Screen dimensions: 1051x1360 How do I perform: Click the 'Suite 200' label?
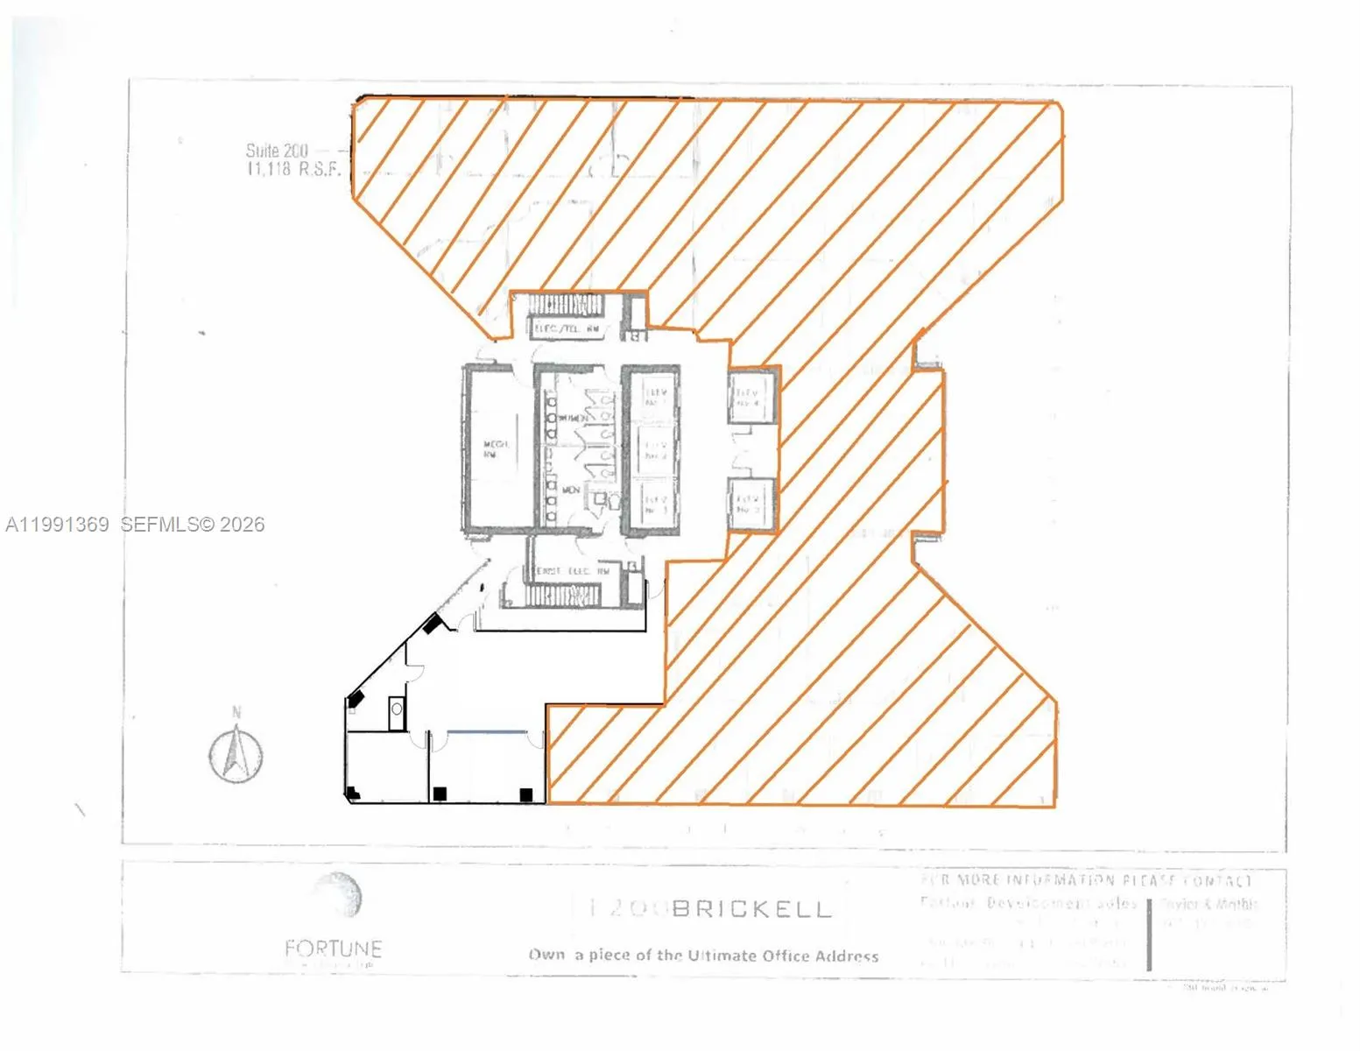[277, 151]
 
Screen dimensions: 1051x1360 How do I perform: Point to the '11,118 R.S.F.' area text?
[293, 169]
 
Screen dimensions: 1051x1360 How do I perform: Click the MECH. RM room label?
[497, 449]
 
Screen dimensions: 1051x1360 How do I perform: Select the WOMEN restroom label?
[571, 419]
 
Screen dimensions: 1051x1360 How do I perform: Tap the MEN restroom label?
[571, 490]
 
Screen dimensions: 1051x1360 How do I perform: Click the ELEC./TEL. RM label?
[567, 329]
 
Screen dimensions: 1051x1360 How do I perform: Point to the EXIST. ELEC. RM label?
[573, 571]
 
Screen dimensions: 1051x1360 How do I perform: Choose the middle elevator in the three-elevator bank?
[655, 450]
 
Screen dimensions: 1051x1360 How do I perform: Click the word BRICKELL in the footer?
[750, 909]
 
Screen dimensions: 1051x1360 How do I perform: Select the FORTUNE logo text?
[333, 949]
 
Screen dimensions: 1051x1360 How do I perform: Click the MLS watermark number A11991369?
[58, 525]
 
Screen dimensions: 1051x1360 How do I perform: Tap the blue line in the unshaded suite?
[487, 731]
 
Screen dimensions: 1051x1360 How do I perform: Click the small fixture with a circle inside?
[397, 712]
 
